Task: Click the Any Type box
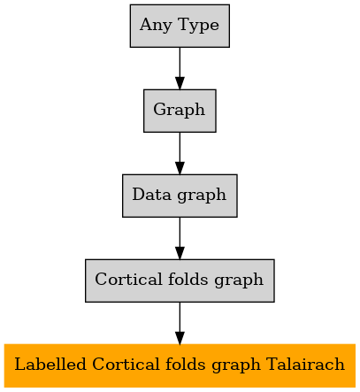[180, 26]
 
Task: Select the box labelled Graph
[180, 111]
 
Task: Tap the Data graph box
[180, 196]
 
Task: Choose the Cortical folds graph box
[180, 281]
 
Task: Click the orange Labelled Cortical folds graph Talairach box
[180, 365]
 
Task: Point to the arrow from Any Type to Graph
[180, 68]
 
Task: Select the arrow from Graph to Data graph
[180, 153]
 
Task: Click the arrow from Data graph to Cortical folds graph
[180, 238]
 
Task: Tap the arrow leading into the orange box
[180, 323]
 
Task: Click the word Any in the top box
[156, 26]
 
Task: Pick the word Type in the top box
[199, 26]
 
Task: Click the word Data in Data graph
[151, 195]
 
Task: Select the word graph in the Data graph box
[202, 196]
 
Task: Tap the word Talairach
[305, 364]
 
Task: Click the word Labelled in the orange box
[50, 364]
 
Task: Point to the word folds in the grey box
[188, 279]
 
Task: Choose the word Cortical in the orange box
[126, 364]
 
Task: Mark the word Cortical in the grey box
[128, 279]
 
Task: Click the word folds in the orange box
[185, 364]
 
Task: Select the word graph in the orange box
[236, 365]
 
